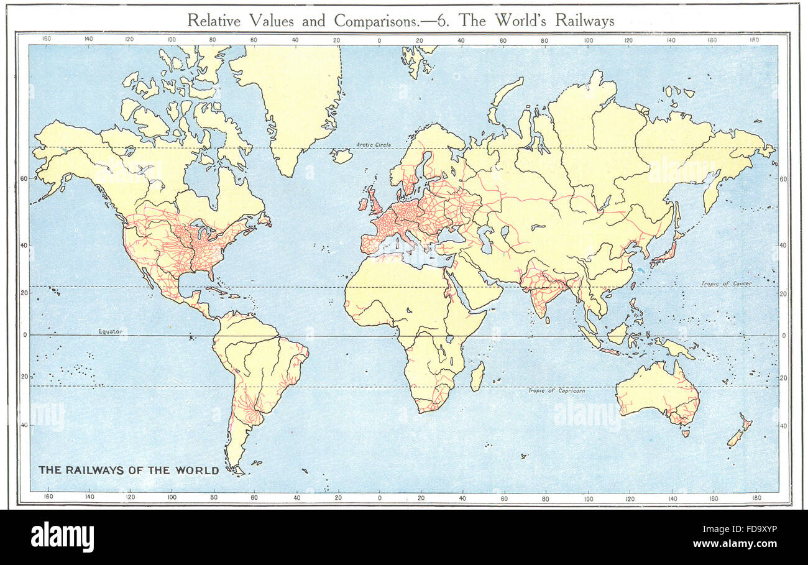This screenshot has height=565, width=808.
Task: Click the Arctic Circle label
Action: [374, 144]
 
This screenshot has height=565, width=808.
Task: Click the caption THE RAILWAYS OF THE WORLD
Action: [129, 470]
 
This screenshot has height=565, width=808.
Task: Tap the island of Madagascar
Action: [477, 377]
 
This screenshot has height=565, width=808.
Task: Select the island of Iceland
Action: [341, 155]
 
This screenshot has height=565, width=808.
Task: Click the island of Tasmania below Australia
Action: [685, 433]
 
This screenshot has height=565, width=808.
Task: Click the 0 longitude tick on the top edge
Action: [379, 40]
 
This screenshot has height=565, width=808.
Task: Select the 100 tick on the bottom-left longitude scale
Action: [172, 497]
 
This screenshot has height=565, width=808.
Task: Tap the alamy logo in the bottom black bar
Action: [62, 536]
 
